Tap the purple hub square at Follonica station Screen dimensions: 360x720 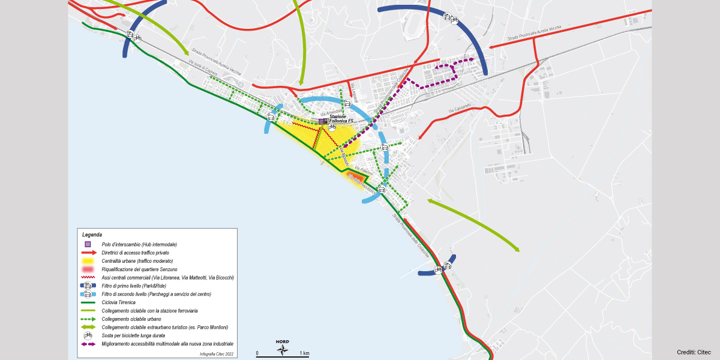[322, 121]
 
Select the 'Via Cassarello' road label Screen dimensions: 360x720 [460, 109]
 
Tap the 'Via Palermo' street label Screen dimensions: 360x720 [364, 170]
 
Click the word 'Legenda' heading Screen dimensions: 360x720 [92, 234]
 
